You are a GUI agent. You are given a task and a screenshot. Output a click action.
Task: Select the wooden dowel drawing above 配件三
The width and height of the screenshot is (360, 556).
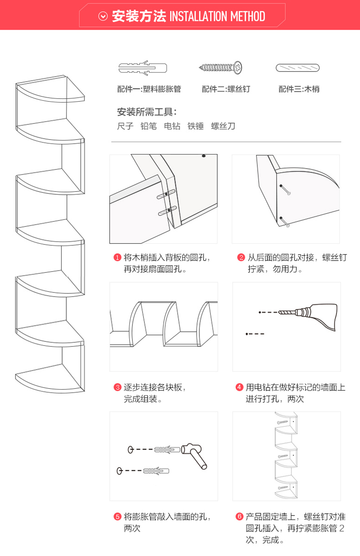(298, 68)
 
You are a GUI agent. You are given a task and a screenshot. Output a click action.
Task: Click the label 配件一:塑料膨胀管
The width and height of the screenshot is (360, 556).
(149, 89)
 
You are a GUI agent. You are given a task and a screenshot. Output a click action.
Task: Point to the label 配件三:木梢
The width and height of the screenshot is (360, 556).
(299, 89)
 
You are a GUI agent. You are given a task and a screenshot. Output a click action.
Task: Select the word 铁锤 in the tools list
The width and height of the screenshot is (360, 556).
(196, 126)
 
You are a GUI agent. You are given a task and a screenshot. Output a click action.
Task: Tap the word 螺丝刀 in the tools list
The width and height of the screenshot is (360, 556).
(223, 126)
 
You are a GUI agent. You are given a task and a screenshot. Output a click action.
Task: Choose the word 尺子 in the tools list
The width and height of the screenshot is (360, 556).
(125, 126)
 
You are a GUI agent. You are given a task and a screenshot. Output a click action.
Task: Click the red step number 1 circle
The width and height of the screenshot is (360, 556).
(118, 258)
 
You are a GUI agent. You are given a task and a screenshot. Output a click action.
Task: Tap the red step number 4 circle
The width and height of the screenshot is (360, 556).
(239, 388)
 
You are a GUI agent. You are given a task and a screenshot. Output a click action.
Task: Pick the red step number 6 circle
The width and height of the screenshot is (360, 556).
(239, 517)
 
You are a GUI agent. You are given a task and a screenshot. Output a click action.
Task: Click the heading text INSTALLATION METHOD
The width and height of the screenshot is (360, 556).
(217, 17)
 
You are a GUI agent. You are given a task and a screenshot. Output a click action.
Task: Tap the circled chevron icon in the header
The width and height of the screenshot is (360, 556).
(103, 17)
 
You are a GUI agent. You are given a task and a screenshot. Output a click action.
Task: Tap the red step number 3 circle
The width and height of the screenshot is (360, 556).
(118, 388)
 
